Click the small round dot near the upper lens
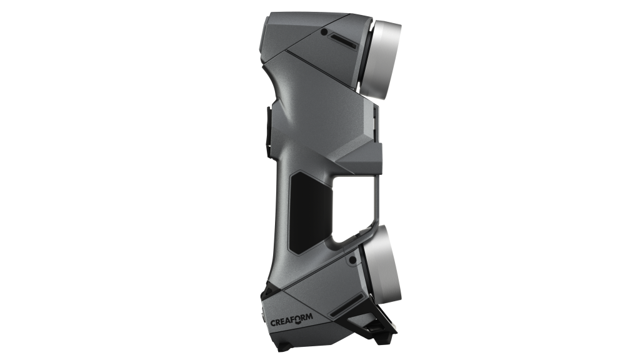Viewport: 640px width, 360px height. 324,32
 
